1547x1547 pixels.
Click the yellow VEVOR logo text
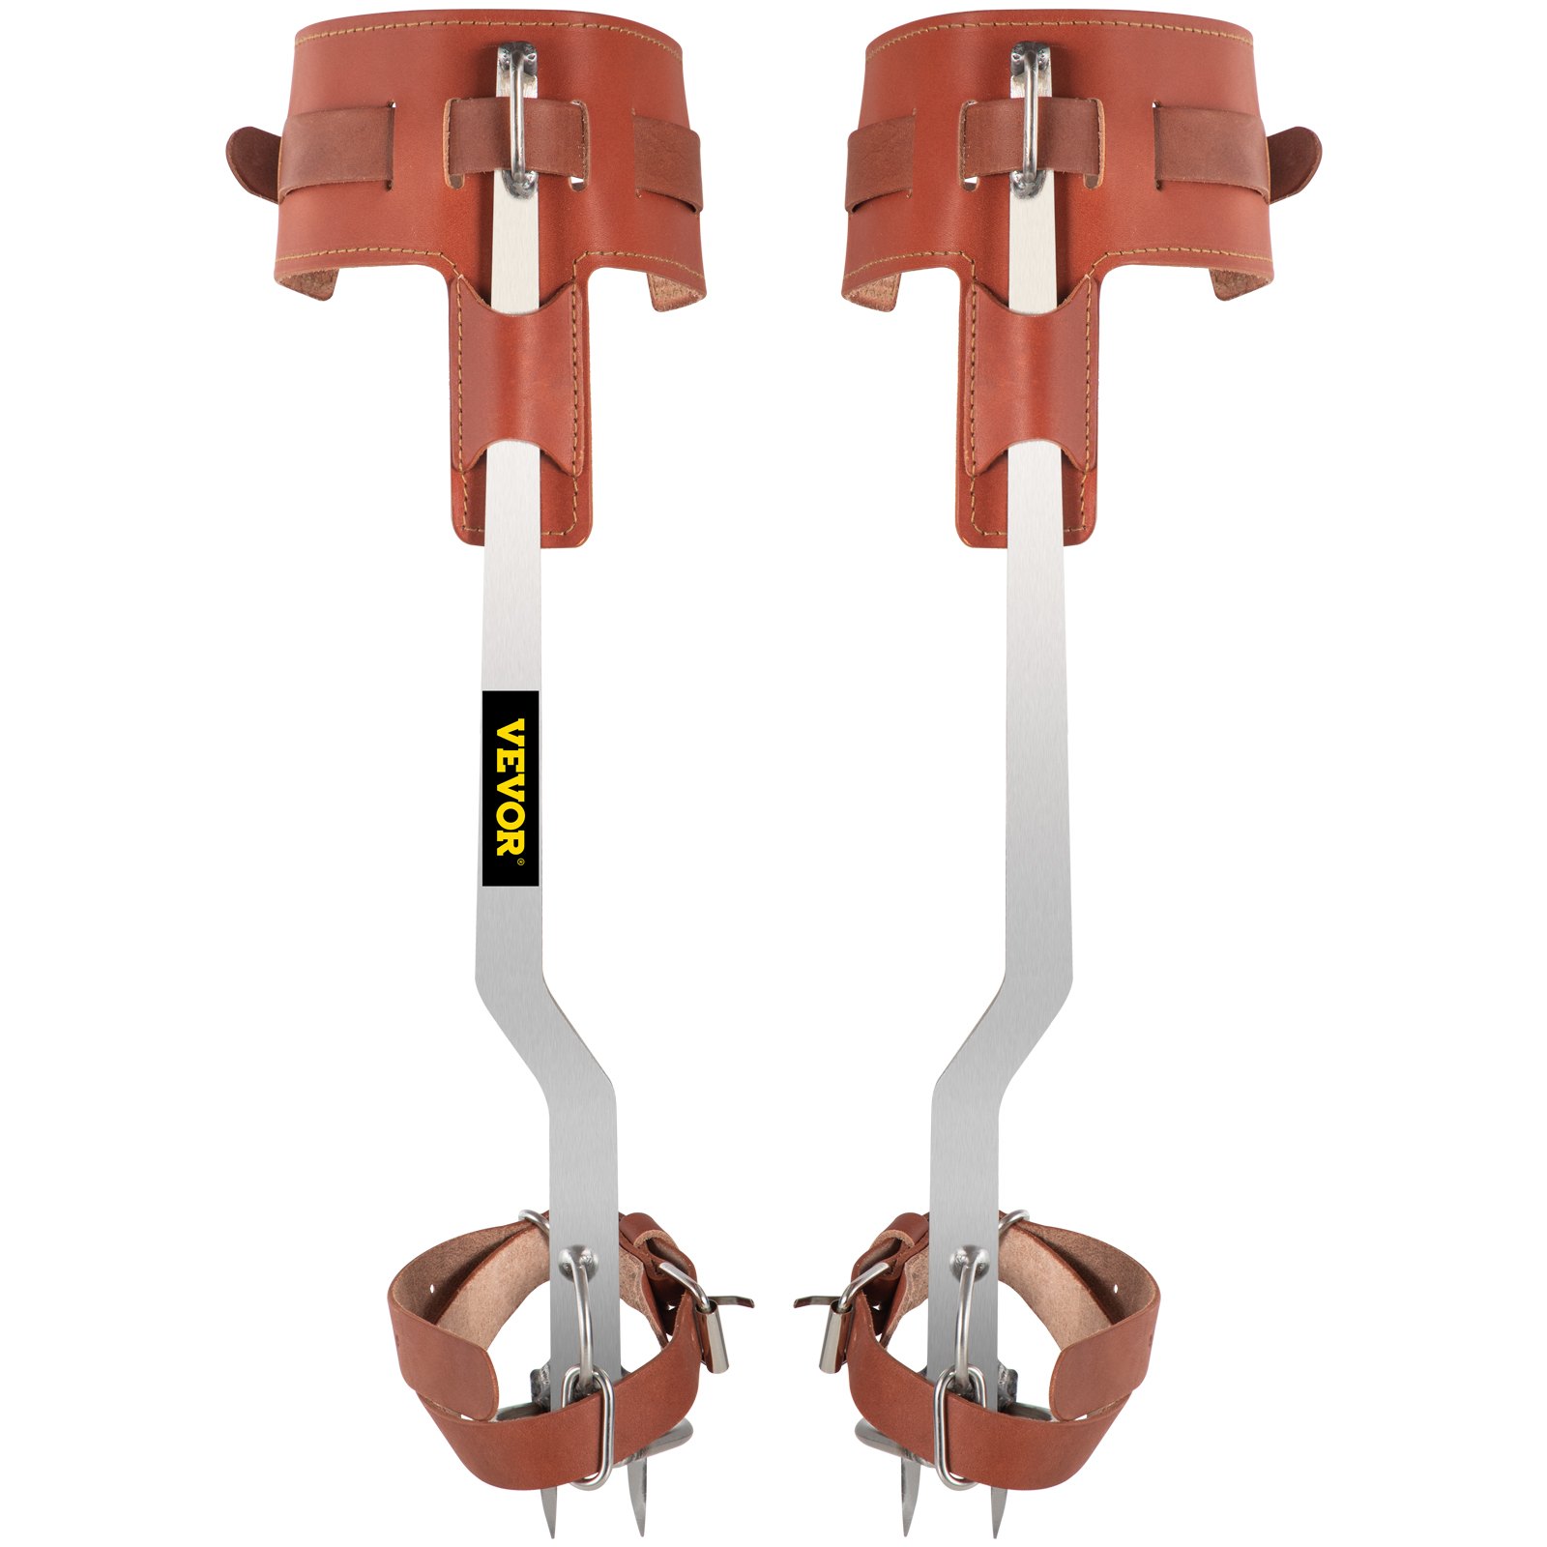tap(510, 785)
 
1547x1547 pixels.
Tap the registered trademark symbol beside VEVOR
tap(519, 861)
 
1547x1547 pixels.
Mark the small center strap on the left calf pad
tap(517, 135)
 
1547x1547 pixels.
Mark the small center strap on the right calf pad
tap(1031, 135)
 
